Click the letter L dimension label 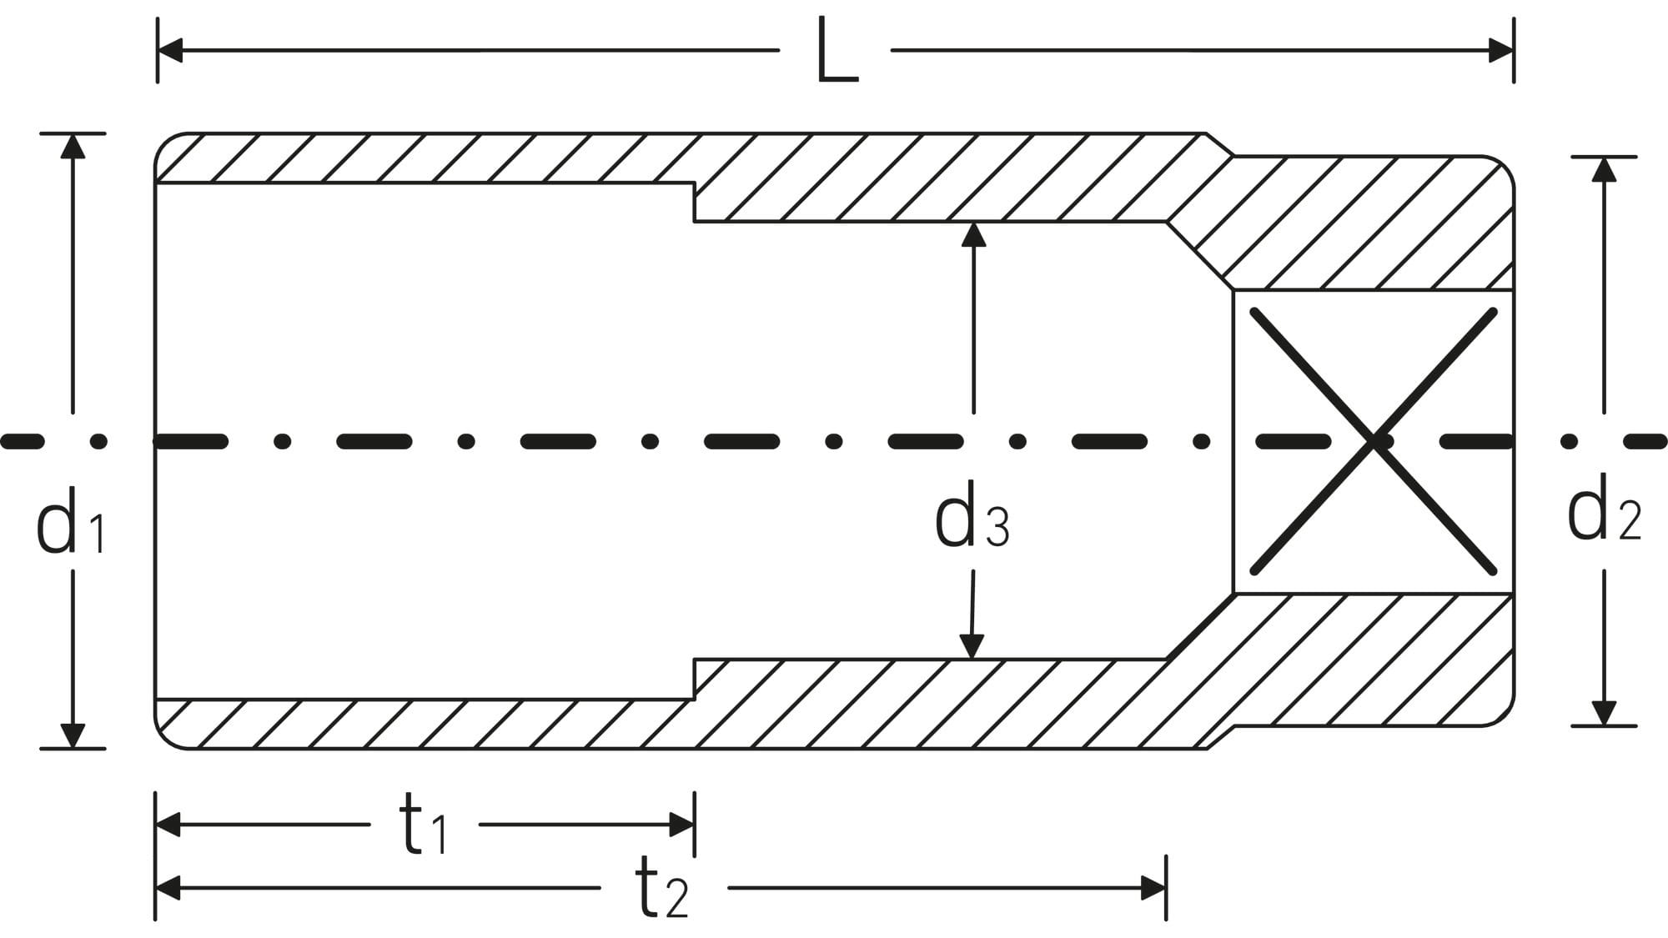pyautogui.click(x=837, y=51)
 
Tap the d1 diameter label pyautogui.click(x=72, y=523)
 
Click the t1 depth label pyautogui.click(x=424, y=825)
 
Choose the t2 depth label pyautogui.click(x=662, y=889)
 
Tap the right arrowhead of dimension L pyautogui.click(x=1501, y=50)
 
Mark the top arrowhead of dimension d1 pyautogui.click(x=73, y=146)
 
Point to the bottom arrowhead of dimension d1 pyautogui.click(x=73, y=735)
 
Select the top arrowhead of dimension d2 pyautogui.click(x=1604, y=169)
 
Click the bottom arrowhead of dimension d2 pyautogui.click(x=1604, y=713)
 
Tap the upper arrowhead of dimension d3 pyautogui.click(x=973, y=235)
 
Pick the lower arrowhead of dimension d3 pyautogui.click(x=972, y=646)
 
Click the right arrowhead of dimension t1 pyautogui.click(x=682, y=825)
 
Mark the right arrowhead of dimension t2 pyautogui.click(x=1153, y=888)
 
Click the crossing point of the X pyautogui.click(x=1374, y=442)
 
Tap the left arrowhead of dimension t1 pyautogui.click(x=168, y=825)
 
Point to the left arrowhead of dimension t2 pyautogui.click(x=168, y=888)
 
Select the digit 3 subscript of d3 pyautogui.click(x=997, y=527)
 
